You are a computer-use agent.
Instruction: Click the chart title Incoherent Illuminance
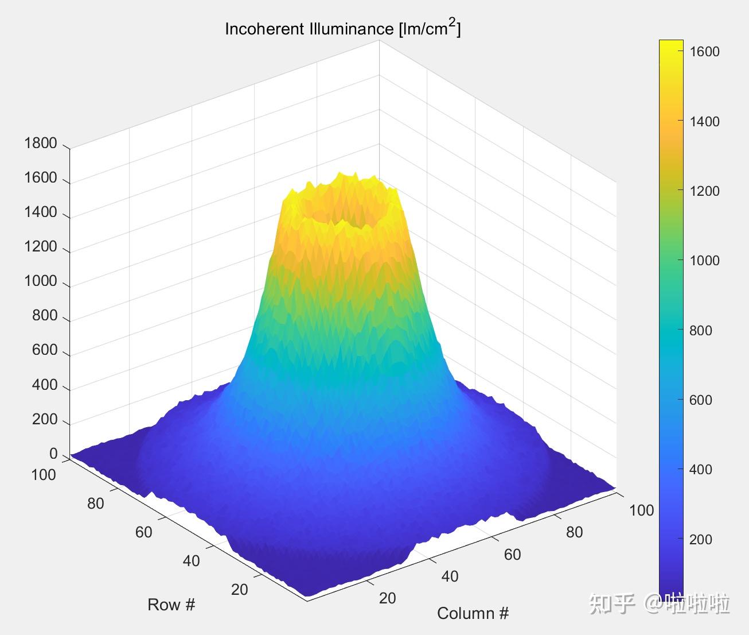click(342, 29)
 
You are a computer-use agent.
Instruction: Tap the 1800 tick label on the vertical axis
click(41, 143)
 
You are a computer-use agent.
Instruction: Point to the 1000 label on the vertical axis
click(41, 281)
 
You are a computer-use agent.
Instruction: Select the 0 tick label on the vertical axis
click(53, 454)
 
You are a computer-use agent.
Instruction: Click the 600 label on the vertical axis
click(45, 350)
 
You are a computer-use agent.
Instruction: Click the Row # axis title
click(171, 605)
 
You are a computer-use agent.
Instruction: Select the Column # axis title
click(473, 614)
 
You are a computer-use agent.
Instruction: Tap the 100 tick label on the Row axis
click(44, 475)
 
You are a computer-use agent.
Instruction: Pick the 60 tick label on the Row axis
click(143, 532)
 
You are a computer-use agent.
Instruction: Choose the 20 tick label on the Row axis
click(240, 589)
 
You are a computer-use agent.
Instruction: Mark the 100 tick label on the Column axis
click(641, 510)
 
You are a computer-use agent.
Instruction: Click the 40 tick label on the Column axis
click(450, 576)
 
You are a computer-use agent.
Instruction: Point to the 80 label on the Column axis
click(574, 532)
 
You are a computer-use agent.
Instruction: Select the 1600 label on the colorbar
click(704, 52)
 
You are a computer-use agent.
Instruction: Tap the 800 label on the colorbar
click(701, 331)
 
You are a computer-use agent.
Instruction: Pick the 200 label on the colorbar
click(701, 540)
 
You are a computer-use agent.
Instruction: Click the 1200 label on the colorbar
click(704, 191)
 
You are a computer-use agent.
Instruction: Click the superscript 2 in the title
click(452, 22)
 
